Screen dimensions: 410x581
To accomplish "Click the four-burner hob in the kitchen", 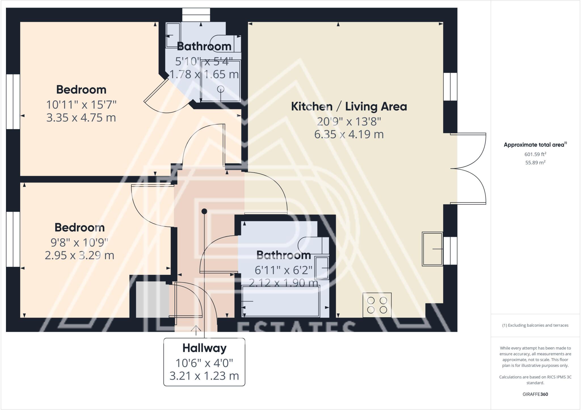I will (x=377, y=305).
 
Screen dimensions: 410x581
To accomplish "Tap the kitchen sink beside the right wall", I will (x=432, y=249).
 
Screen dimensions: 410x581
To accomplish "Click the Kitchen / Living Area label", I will (x=349, y=107).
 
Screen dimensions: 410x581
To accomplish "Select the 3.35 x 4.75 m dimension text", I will (x=81, y=118).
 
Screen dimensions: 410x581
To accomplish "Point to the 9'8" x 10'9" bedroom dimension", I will (x=79, y=242).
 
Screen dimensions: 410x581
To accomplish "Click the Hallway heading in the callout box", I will (x=204, y=348).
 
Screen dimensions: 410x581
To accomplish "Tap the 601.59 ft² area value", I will (x=535, y=154).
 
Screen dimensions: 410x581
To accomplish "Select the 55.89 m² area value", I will (x=535, y=162).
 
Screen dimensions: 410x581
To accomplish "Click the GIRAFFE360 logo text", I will (x=535, y=394).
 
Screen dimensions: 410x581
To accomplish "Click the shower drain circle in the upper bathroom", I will (x=220, y=89).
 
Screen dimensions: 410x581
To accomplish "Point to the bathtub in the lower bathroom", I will (x=281, y=301).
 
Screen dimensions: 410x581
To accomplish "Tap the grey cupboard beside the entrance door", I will (x=152, y=299).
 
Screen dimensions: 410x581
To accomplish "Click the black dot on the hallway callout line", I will (x=204, y=211).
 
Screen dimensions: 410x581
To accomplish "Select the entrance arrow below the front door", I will (x=196, y=330).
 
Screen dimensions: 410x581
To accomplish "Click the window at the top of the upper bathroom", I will (x=196, y=15).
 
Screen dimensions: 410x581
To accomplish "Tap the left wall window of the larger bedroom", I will (x=13, y=102).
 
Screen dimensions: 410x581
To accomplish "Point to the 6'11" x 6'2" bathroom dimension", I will (x=283, y=270).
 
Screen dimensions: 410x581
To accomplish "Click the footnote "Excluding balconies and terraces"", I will (x=535, y=325).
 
